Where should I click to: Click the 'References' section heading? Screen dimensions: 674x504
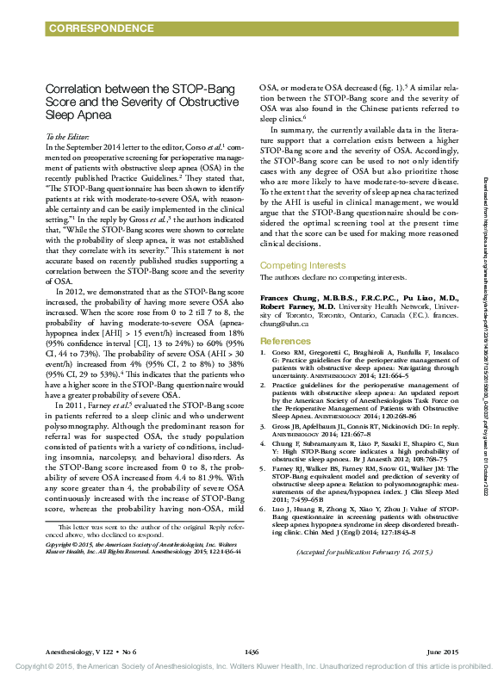tap(284, 318)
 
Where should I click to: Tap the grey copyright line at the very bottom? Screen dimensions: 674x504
tap(252, 667)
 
